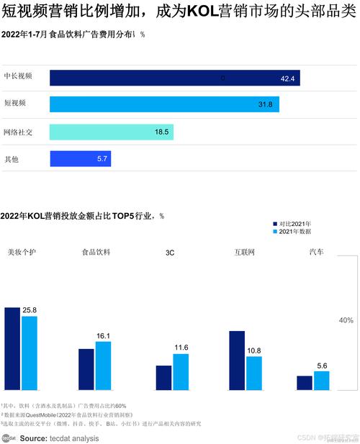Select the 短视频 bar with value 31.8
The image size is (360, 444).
click(x=164, y=105)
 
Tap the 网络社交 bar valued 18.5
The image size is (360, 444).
click(x=111, y=132)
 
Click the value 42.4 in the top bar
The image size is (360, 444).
click(x=288, y=78)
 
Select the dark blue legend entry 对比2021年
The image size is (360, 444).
click(x=295, y=224)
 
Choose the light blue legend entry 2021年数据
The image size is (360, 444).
click(x=295, y=232)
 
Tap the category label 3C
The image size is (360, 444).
click(x=171, y=253)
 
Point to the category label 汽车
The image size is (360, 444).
click(x=316, y=253)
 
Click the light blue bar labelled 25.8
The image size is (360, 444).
click(x=29, y=353)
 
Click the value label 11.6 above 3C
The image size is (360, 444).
click(x=181, y=348)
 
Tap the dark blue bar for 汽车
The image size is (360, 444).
click(x=305, y=383)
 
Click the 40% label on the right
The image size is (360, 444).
click(x=346, y=320)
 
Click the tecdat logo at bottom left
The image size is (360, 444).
click(x=9, y=437)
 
